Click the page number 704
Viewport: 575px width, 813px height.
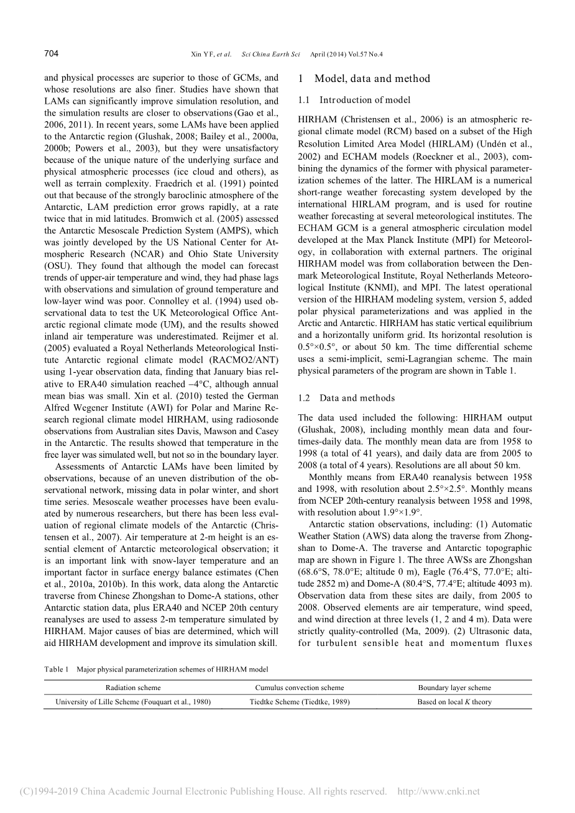[51, 54]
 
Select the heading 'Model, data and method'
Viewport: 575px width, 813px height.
[372, 79]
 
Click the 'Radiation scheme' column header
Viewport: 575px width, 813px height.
[133, 688]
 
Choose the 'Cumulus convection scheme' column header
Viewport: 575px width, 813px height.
[300, 688]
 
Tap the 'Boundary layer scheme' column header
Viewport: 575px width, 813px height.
[454, 688]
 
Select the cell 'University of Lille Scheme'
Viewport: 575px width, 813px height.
[133, 702]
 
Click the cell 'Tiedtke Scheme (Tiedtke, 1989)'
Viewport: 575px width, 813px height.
[300, 702]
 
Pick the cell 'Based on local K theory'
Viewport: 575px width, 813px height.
[454, 702]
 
